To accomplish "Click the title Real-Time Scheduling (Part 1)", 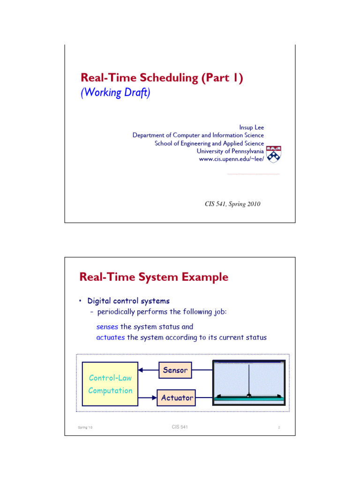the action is coord(162,78).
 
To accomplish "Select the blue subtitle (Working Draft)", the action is coord(115,93).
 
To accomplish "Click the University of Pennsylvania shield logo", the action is coord(274,154).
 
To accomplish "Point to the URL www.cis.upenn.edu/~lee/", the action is coord(232,159).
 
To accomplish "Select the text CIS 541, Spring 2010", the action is coord(232,203).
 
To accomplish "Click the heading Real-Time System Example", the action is coord(154,277).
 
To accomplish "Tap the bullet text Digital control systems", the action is coord(128,300).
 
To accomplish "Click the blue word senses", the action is coord(107,327).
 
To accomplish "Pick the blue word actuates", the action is coord(111,337).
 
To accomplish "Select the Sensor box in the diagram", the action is coord(175,370).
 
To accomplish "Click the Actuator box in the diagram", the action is coord(177,397).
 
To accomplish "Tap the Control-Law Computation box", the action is coord(110,383).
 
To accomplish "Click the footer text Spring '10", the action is coord(86,427).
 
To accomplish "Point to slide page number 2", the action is coord(278,427).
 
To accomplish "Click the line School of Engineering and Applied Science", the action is coord(209,143).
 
